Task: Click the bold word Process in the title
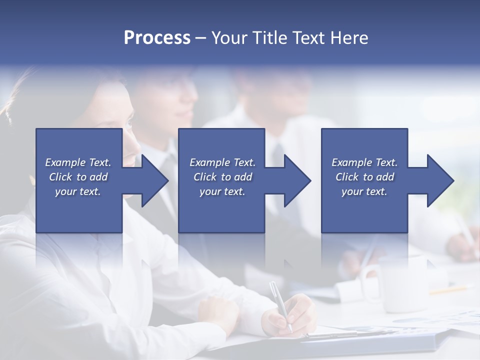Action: (x=157, y=38)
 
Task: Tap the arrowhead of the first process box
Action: (x=150, y=180)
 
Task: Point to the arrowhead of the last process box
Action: (x=436, y=180)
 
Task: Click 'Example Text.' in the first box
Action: (x=78, y=162)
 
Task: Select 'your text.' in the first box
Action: (x=78, y=191)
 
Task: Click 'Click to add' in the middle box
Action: (x=222, y=177)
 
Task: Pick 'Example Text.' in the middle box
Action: (x=222, y=162)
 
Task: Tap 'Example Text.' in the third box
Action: (x=364, y=162)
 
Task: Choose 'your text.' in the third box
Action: (x=364, y=191)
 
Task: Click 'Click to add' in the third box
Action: (x=364, y=177)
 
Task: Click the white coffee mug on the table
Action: (x=395, y=282)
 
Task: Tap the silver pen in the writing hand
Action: (x=280, y=305)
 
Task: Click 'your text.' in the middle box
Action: (x=222, y=191)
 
